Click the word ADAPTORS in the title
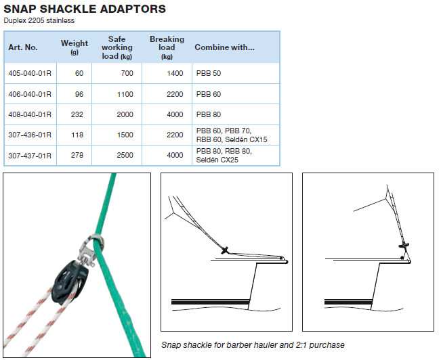(133, 9)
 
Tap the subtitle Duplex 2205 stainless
(39, 20)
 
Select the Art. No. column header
(23, 47)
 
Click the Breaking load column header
(167, 47)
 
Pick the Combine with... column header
(224, 47)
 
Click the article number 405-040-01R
(30, 73)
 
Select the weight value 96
(79, 94)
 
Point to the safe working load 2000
(125, 114)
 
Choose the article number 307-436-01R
(30, 135)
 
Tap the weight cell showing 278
(77, 155)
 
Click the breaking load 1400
(175, 73)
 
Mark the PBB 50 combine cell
(209, 73)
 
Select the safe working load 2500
(125, 155)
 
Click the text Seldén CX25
(217, 160)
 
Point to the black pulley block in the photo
(70, 282)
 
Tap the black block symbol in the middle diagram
(225, 250)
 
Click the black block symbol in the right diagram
(404, 245)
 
